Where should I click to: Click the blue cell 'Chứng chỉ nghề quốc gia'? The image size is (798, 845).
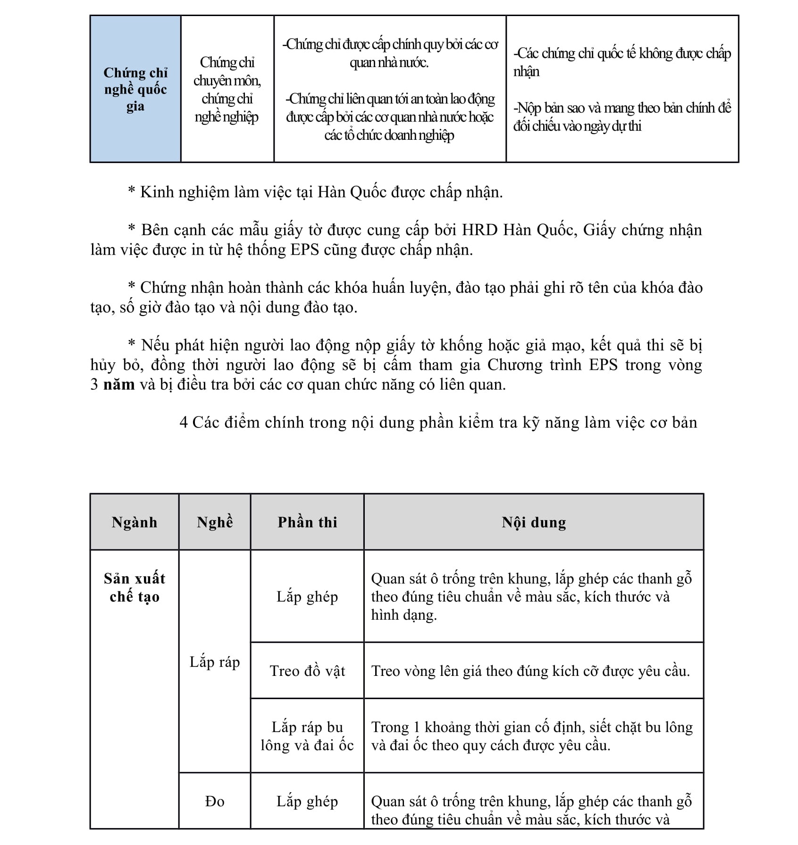[135, 89]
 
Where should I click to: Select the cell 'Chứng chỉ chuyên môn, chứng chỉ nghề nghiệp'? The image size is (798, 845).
[227, 89]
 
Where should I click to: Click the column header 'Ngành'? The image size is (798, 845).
[134, 522]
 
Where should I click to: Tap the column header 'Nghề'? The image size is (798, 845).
[215, 522]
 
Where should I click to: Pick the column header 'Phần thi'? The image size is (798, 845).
[307, 522]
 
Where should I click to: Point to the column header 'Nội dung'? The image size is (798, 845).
[534, 522]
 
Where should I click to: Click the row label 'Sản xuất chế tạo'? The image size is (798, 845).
[134, 588]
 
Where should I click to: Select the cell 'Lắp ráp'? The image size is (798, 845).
[215, 662]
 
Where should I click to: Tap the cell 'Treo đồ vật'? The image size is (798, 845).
[307, 671]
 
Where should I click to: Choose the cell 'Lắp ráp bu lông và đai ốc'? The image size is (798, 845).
[307, 736]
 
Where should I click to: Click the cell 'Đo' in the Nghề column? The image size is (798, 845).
[215, 801]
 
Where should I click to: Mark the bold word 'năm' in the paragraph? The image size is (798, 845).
[119, 384]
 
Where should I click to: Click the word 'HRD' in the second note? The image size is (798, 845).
[479, 230]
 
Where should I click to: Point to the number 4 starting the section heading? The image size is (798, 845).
[184, 422]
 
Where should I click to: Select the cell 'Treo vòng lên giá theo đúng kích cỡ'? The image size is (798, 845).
[530, 671]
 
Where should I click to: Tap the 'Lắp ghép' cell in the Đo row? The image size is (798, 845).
[307, 801]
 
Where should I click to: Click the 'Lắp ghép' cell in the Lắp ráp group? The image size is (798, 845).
[307, 597]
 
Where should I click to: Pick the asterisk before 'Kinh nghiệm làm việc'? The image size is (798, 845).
[132, 192]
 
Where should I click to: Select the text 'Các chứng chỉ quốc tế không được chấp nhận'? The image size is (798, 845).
[622, 62]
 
